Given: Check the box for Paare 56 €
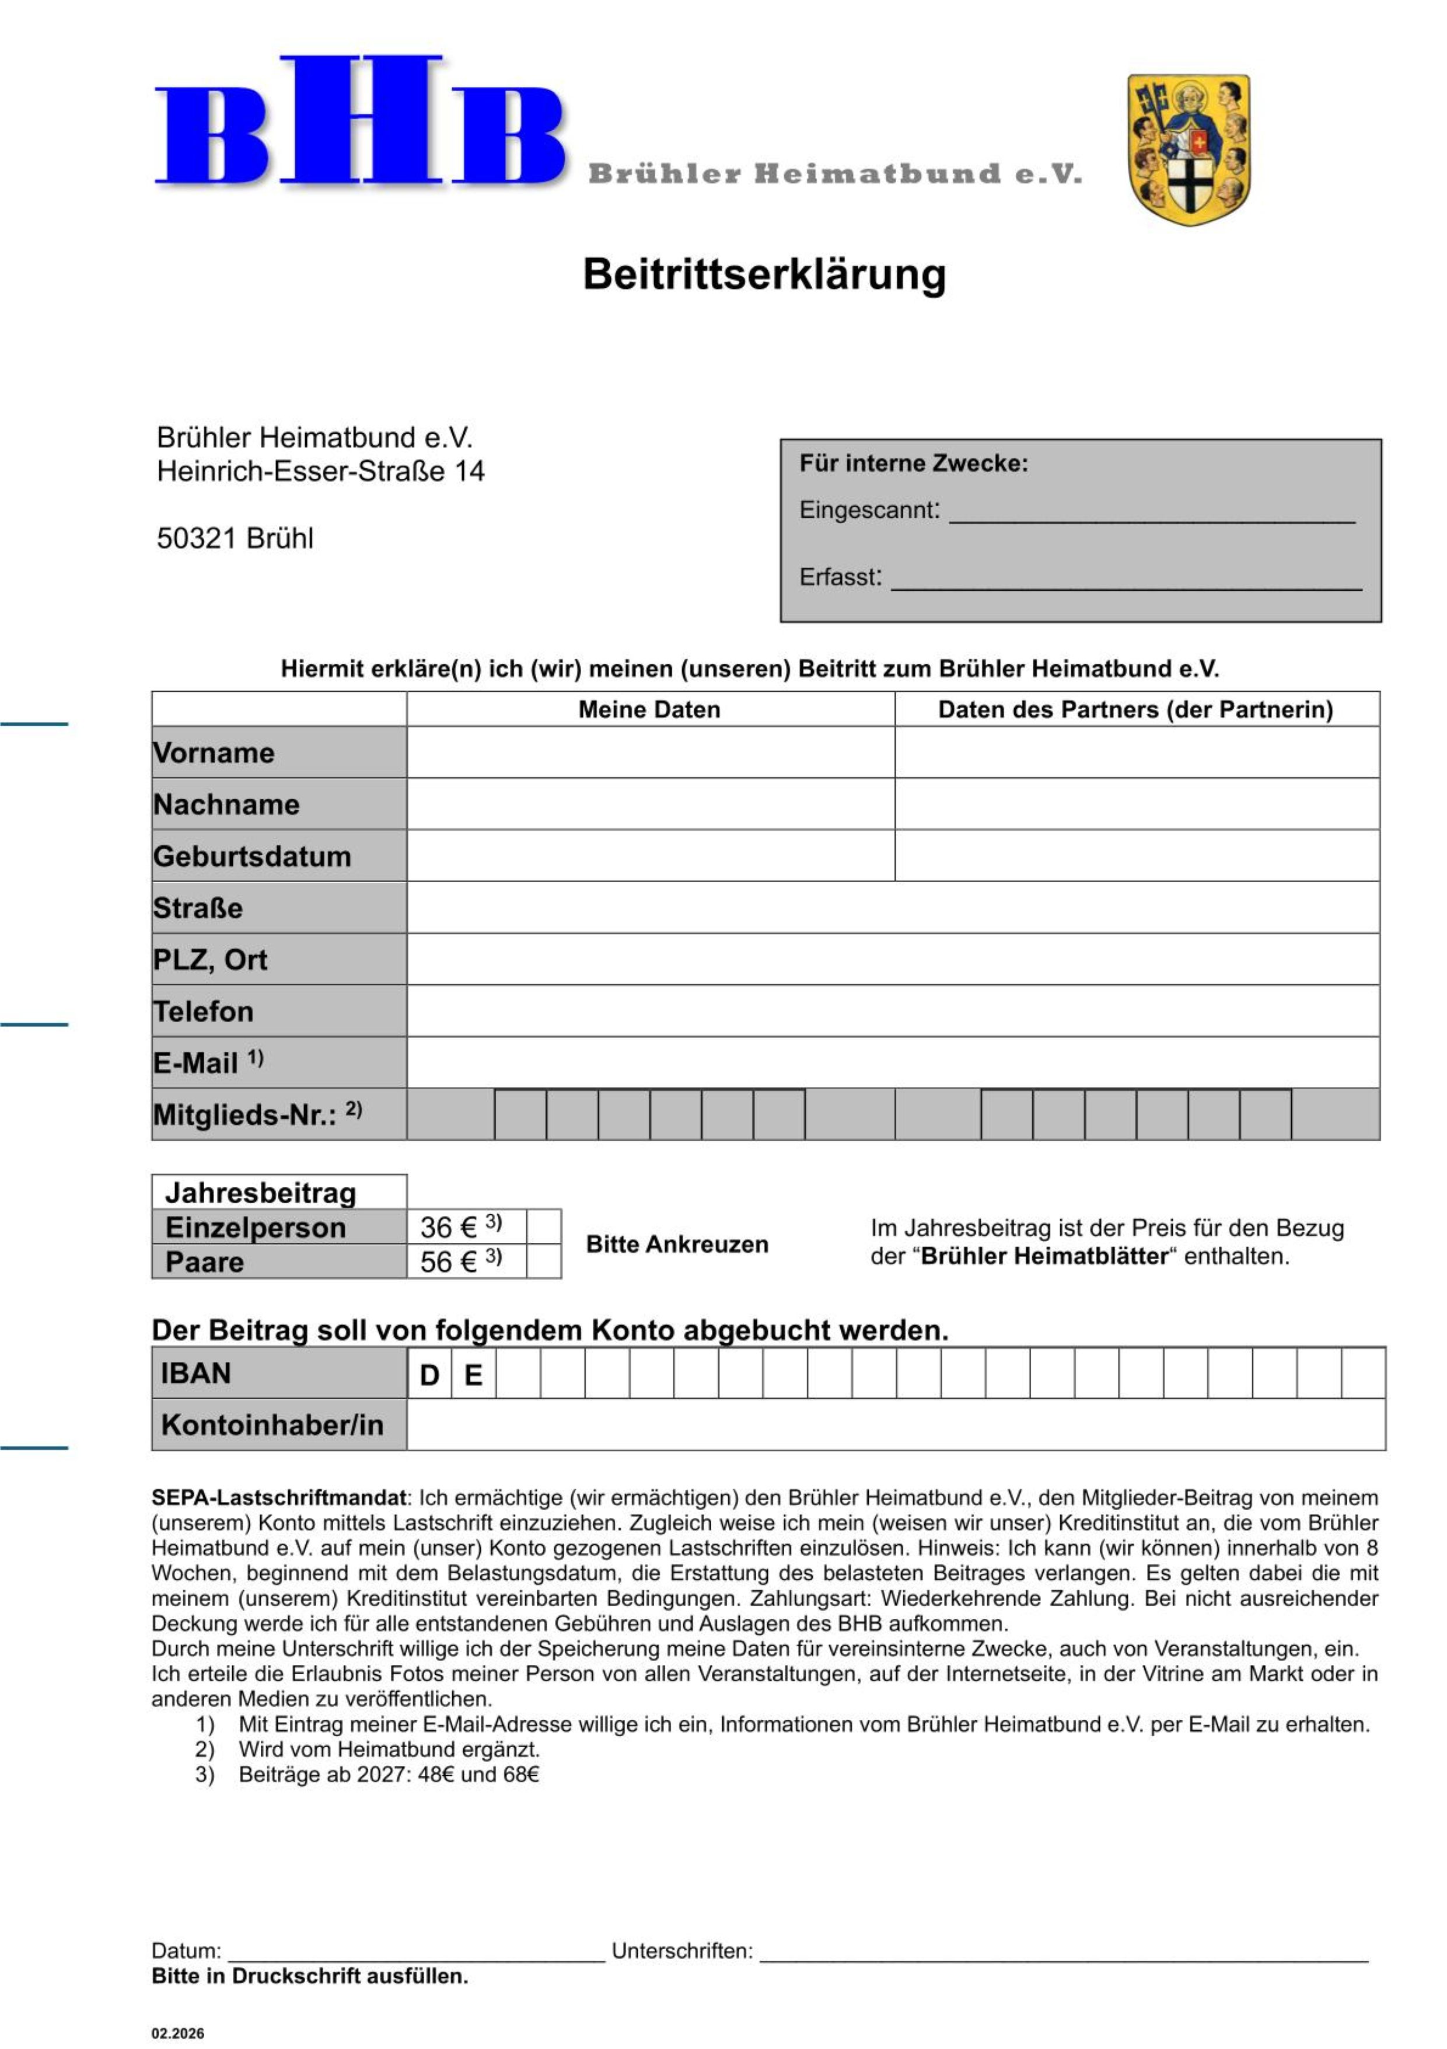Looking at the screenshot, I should pos(543,1261).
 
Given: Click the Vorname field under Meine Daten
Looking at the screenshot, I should pos(651,752).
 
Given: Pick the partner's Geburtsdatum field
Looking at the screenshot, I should pos(1137,855).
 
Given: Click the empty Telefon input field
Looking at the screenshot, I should pos(892,1010).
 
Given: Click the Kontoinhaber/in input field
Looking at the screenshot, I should pos(895,1424).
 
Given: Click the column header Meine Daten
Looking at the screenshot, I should pos(649,709).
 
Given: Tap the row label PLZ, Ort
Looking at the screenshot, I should pos(211,959).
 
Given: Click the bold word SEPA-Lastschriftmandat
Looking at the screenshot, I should pos(278,1497).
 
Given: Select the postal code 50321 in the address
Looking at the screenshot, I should pos(196,538).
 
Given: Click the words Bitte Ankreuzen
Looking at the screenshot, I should pos(677,1244).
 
